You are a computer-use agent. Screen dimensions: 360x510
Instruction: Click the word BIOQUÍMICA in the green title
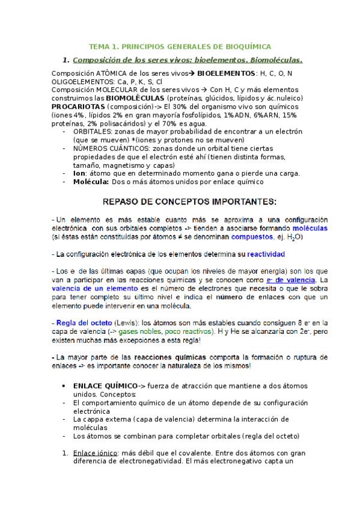coord(247,46)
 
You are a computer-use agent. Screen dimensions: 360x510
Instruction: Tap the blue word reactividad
coord(264,254)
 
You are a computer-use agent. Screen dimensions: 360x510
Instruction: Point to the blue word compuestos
coord(248,238)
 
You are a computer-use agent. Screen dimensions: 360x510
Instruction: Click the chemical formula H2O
coord(294,238)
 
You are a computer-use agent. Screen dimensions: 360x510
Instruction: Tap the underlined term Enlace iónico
coord(93,452)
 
